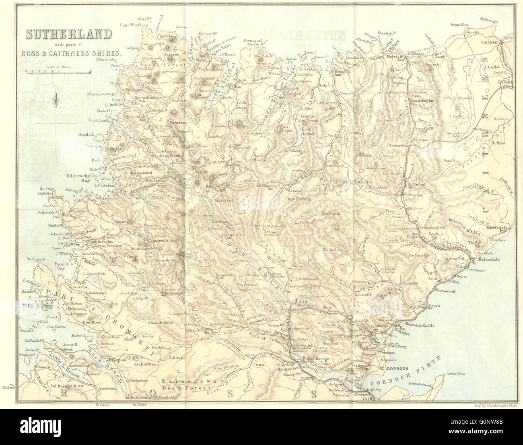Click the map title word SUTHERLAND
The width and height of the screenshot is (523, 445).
[69, 35]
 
